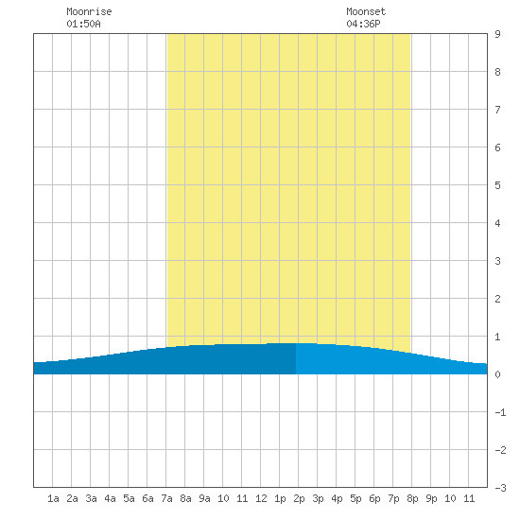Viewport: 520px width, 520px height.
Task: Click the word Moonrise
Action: pyautogui.click(x=89, y=11)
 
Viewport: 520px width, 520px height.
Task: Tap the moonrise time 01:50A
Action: pyautogui.click(x=83, y=24)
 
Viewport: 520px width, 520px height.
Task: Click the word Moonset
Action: pyautogui.click(x=366, y=11)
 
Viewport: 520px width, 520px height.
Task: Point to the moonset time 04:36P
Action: pyautogui.click(x=363, y=24)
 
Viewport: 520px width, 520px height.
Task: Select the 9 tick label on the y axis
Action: pyautogui.click(x=497, y=34)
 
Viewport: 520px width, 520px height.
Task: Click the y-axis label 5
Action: pyautogui.click(x=497, y=185)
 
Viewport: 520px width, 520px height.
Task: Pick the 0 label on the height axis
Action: pyautogui.click(x=497, y=374)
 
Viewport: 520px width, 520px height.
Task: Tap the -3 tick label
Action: pyautogui.click(x=500, y=488)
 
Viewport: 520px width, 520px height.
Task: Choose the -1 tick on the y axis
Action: pyautogui.click(x=500, y=412)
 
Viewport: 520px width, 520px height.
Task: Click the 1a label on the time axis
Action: pyautogui.click(x=53, y=498)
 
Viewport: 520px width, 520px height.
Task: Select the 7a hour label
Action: pyautogui.click(x=166, y=498)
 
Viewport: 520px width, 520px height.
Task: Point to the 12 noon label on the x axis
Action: pyautogui.click(x=261, y=498)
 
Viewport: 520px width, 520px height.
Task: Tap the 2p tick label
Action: pyautogui.click(x=299, y=499)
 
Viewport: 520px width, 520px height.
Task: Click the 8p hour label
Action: pyautogui.click(x=412, y=499)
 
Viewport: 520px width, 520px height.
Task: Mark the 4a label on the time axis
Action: pyautogui.click(x=110, y=498)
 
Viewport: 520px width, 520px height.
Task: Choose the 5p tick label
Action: pyautogui.click(x=355, y=499)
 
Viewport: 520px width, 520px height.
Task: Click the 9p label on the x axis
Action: pyautogui.click(x=431, y=499)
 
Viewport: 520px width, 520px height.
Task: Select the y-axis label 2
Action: pyautogui.click(x=497, y=299)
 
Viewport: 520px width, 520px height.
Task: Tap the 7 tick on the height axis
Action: pyautogui.click(x=497, y=110)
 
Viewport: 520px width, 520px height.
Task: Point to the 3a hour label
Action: pyautogui.click(x=91, y=498)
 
